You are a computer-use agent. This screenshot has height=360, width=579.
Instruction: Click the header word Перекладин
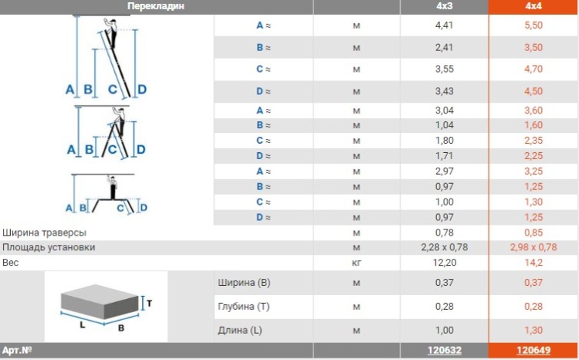[155, 6]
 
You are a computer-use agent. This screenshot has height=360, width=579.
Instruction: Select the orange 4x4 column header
[533, 6]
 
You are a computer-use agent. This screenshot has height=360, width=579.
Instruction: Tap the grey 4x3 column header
[444, 6]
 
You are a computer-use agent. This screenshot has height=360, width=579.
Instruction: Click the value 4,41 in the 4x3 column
[444, 25]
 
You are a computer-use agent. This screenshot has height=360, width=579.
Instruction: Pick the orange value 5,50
[533, 25]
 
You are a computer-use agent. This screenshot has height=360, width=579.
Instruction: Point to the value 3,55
[444, 69]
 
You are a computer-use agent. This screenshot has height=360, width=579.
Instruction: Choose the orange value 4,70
[533, 69]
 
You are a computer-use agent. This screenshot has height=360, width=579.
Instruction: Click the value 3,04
[444, 110]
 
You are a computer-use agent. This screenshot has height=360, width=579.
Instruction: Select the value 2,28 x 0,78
[444, 247]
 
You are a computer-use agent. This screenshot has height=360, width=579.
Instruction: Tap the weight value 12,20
[444, 263]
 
